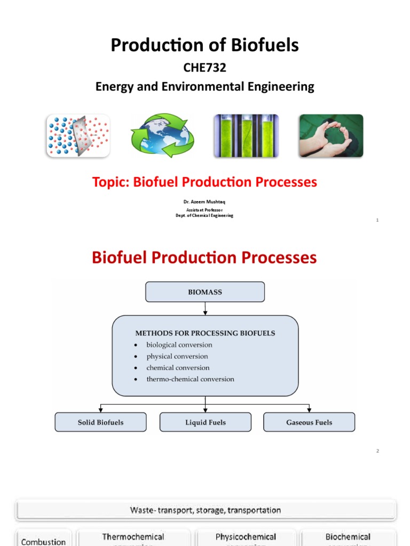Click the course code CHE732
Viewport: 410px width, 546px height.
204,68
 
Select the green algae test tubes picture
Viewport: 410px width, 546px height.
246,135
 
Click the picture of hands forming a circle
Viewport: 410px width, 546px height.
331,135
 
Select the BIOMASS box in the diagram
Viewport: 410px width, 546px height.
205,292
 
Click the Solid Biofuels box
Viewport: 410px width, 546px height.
100,422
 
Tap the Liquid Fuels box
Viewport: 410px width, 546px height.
206,422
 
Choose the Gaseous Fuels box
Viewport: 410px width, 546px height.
309,422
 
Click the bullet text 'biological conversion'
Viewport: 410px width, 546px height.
179,345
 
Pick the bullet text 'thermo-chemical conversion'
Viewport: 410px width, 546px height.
190,379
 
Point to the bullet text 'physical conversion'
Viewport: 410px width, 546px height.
177,356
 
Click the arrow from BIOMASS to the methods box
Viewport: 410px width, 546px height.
205,309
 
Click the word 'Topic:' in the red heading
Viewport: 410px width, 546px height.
112,182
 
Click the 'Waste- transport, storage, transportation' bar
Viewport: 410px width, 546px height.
206,510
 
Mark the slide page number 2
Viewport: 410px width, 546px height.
377,451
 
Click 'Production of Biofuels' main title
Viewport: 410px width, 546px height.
204,46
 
